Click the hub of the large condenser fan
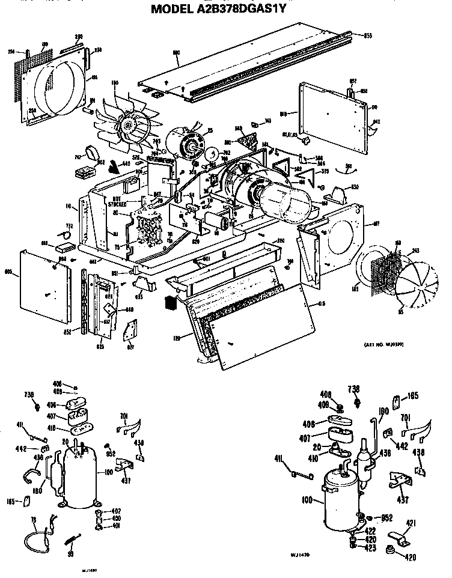click(127, 125)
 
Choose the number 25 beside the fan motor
click(210, 130)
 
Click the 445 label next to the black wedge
click(126, 164)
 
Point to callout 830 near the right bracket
click(355, 187)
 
